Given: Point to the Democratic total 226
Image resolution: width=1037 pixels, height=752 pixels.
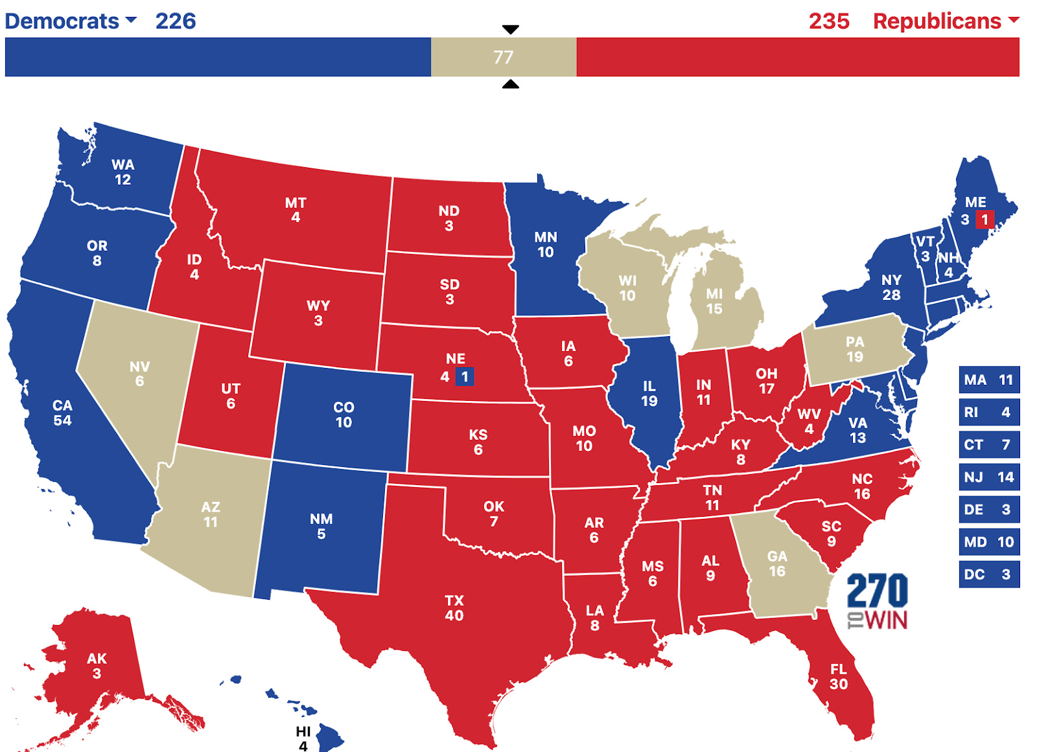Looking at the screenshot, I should click(175, 21).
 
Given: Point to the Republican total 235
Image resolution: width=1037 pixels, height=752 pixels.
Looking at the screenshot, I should click(829, 21).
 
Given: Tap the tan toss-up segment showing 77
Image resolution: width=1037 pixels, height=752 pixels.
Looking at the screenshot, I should click(503, 57).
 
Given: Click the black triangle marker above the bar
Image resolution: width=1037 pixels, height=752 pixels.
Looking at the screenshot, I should click(511, 30).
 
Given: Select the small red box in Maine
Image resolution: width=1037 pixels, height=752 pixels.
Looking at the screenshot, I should click(985, 220).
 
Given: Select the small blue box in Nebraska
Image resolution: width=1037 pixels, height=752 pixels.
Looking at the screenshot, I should click(464, 376).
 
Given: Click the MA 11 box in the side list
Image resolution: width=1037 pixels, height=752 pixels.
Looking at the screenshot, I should click(988, 380).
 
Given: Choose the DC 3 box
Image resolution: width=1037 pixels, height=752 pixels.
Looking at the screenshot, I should click(988, 574).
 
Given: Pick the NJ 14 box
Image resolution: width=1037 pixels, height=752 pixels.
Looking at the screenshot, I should click(988, 477).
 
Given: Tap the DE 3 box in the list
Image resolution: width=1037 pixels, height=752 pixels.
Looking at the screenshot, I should click(988, 509).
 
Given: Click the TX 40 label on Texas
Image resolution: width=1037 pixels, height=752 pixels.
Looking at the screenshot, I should click(454, 608).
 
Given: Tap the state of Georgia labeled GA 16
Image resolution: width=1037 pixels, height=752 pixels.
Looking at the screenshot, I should click(777, 564).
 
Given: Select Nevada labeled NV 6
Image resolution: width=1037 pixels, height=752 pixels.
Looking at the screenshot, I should click(139, 374).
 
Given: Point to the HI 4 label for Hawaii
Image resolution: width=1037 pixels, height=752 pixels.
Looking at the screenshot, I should click(303, 738).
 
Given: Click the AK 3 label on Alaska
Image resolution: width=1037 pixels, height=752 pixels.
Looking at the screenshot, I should click(97, 665).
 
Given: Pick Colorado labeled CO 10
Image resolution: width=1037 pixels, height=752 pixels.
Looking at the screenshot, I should click(344, 415).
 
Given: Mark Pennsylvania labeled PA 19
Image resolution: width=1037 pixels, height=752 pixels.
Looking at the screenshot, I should click(854, 348).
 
